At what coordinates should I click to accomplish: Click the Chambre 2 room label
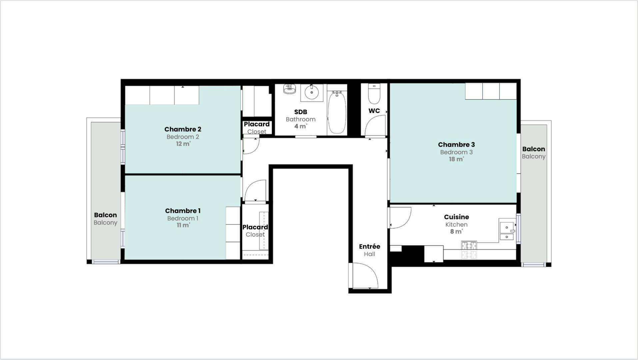(x=183, y=129)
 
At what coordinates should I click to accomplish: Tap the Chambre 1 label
(x=183, y=211)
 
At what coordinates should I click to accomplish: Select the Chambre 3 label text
(x=456, y=145)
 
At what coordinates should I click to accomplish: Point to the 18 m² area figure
(x=456, y=159)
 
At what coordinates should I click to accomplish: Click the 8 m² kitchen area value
(x=456, y=232)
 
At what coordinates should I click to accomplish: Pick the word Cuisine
(x=456, y=217)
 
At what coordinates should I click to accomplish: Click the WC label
(x=374, y=111)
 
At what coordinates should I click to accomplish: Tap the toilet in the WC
(x=374, y=94)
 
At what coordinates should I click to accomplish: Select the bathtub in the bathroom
(x=337, y=112)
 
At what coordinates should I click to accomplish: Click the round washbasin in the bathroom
(x=312, y=92)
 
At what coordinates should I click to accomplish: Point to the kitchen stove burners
(x=469, y=250)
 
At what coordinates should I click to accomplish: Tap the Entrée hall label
(x=369, y=247)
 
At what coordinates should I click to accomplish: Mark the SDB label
(x=300, y=112)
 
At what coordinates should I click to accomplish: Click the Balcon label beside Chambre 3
(x=534, y=149)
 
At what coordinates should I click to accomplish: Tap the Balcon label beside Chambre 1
(x=105, y=215)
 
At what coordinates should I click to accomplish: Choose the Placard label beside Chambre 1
(x=255, y=227)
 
